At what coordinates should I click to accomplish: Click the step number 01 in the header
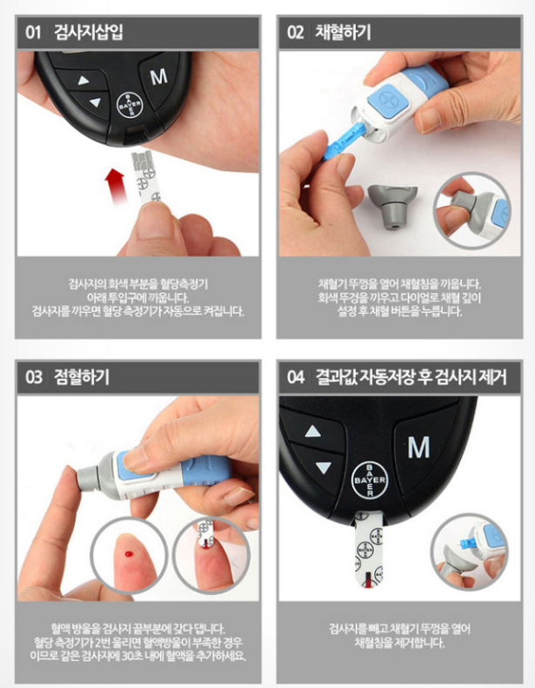click(33, 32)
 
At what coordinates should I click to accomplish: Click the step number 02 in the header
click(295, 32)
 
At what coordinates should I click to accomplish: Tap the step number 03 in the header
click(33, 377)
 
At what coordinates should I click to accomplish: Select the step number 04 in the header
click(296, 377)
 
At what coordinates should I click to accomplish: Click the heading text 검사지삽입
click(88, 32)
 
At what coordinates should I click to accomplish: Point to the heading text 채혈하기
click(343, 32)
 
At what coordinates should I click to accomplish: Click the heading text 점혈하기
click(82, 377)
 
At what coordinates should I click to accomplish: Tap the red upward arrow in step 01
click(115, 187)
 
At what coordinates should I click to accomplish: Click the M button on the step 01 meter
click(158, 78)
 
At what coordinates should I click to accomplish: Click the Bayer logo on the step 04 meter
click(370, 480)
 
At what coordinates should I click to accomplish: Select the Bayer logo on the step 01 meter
click(129, 105)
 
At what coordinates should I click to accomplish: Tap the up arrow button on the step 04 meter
click(313, 432)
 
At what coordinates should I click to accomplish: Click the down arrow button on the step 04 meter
click(324, 467)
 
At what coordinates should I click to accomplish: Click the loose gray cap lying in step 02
click(391, 205)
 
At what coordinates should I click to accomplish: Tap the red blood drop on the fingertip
click(128, 554)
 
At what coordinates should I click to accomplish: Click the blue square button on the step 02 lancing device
click(387, 101)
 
